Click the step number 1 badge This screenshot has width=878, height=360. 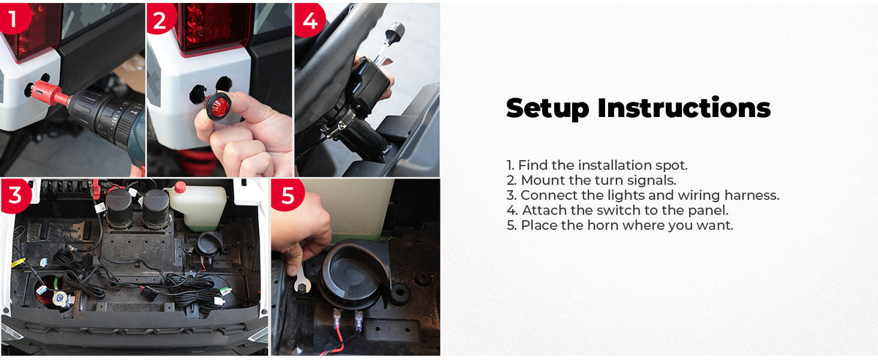click(13, 18)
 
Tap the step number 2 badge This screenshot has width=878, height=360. click(160, 18)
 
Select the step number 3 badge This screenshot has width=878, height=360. click(15, 195)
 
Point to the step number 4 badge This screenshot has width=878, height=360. click(309, 20)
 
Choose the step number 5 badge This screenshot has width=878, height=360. click(288, 195)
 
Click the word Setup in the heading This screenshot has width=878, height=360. click(547, 108)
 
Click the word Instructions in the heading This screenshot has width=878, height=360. click(684, 108)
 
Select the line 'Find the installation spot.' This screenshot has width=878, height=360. click(597, 165)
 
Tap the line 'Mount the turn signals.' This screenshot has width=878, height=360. click(591, 180)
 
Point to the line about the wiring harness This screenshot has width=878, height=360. click(643, 195)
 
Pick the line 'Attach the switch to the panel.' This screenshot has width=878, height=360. click(618, 210)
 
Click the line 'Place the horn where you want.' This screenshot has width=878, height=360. click(620, 225)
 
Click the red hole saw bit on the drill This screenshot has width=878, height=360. click(47, 94)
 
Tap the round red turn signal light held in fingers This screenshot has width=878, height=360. click(217, 107)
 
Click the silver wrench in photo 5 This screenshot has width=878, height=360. click(301, 280)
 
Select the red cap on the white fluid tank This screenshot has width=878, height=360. click(180, 187)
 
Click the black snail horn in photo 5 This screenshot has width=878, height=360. click(352, 275)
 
